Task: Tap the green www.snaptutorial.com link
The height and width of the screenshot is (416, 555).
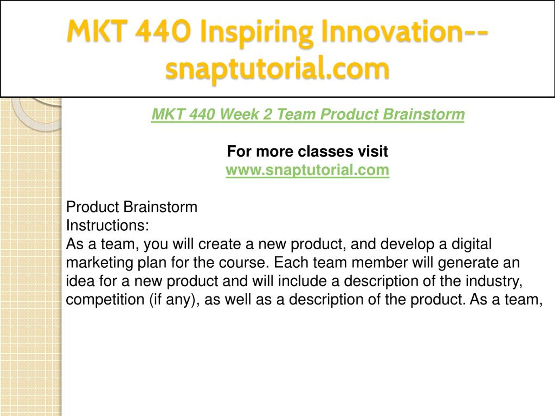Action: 307,170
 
